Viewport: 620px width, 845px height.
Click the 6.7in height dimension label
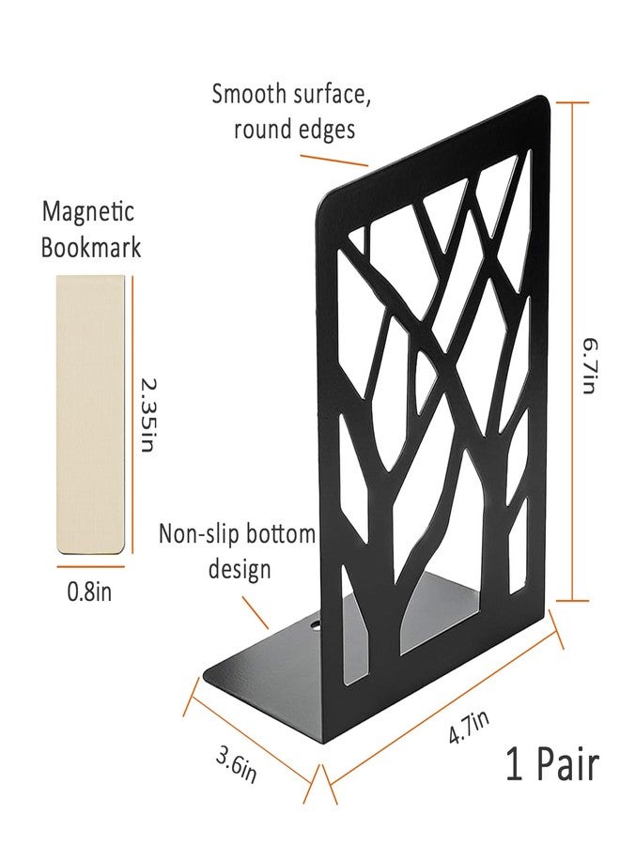click(589, 366)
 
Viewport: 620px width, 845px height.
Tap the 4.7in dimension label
click(469, 727)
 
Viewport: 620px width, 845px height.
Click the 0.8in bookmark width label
click(89, 591)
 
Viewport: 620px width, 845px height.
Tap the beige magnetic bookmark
click(90, 413)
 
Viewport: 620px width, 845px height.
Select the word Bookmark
click(91, 247)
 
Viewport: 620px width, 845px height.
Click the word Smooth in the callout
click(249, 93)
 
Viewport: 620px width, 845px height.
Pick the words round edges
click(294, 130)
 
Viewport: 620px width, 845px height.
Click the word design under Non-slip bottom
click(240, 570)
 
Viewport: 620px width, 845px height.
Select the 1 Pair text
click(552, 763)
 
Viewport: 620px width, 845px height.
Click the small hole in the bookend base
click(315, 626)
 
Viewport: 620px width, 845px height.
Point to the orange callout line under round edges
click(334, 161)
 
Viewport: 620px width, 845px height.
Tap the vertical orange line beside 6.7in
click(572, 351)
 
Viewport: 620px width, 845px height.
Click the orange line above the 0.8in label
click(90, 566)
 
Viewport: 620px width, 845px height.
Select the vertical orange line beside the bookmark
click(132, 414)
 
